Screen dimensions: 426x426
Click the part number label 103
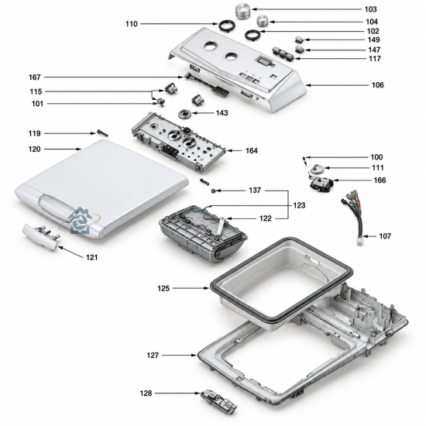(370, 9)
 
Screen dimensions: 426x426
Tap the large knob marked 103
(242, 11)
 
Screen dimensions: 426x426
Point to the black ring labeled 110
(226, 26)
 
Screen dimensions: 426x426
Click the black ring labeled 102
(253, 35)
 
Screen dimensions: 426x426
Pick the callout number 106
(378, 85)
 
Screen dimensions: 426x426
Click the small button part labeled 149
(300, 40)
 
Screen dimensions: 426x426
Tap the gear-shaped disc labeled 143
(185, 114)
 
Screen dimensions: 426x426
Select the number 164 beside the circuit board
(252, 150)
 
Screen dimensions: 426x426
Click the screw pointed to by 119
(103, 133)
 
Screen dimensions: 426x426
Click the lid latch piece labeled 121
(41, 235)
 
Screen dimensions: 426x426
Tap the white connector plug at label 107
(360, 241)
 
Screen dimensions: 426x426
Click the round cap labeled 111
(317, 169)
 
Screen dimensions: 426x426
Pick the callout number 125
(163, 288)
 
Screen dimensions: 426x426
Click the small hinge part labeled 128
(218, 402)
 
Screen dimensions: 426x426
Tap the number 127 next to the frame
(153, 355)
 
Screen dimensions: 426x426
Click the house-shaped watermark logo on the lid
(79, 221)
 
